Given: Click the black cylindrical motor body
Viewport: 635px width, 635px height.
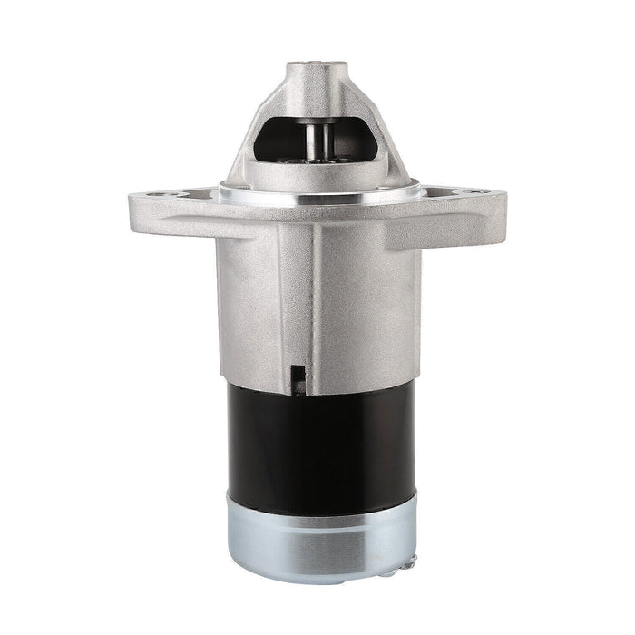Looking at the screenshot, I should (317, 435).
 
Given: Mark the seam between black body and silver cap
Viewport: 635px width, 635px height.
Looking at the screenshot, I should (317, 499).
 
